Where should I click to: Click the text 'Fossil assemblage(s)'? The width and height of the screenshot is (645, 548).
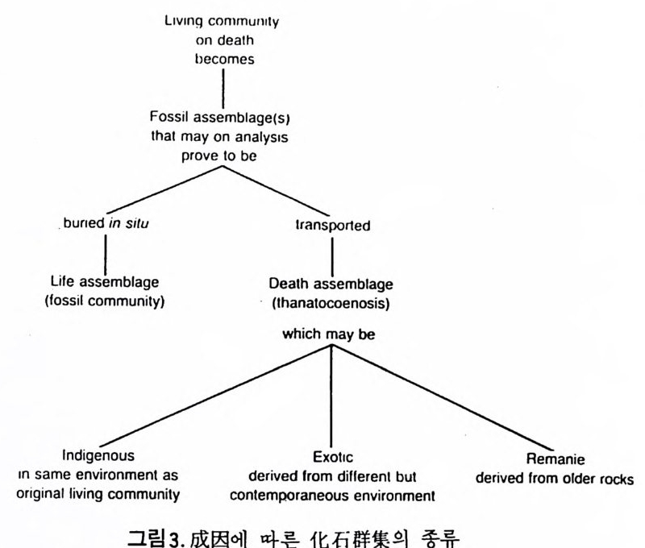pyautogui.click(x=219, y=120)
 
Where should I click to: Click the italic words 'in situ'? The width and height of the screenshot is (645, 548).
pyautogui.click(x=130, y=225)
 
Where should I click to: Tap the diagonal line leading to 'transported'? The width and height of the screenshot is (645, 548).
pyautogui.click(x=278, y=192)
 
